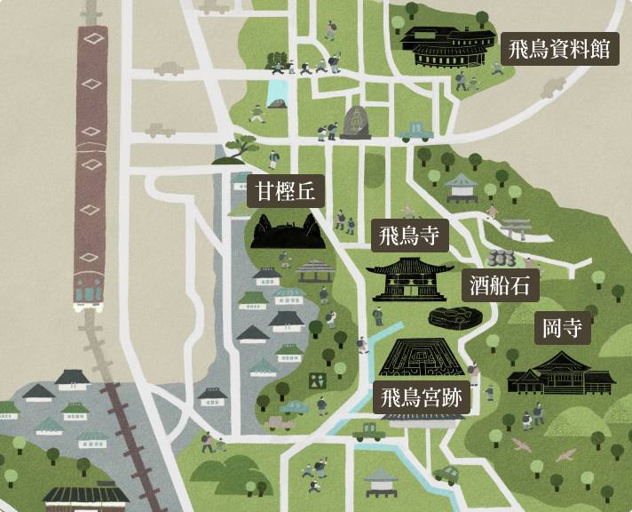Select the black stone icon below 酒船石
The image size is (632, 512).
tap(456, 317)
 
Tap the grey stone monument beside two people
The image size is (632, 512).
tap(356, 123)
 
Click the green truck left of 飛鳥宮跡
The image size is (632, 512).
tap(368, 432)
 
